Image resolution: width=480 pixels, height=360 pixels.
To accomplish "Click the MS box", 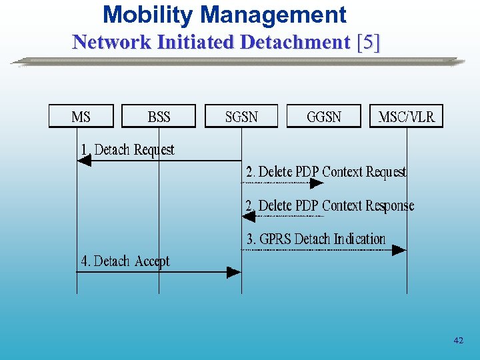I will tap(81, 117).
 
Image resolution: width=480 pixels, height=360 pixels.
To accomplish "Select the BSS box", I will tap(159, 117).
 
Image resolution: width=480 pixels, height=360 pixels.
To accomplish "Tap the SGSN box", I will tap(241, 117).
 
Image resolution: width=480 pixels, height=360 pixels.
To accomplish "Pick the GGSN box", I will tap(323, 117).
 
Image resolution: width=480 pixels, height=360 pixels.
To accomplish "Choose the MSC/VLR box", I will tap(406, 117).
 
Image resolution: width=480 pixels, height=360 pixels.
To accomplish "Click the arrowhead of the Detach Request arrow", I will tap(84, 161).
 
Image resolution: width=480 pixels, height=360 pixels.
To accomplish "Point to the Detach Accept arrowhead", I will tap(233, 272).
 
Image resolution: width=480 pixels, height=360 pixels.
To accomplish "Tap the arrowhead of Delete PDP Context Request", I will tap(317, 183).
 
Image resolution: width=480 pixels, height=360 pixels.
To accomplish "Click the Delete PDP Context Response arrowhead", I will tap(248, 216).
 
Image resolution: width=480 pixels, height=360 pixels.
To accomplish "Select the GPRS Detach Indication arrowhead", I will tap(399, 250).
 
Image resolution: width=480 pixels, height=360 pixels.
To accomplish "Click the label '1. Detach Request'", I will tap(127, 150).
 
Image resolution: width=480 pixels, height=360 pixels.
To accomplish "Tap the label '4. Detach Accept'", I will tap(125, 261).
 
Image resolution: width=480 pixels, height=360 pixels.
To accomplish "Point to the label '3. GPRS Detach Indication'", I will tap(316, 239).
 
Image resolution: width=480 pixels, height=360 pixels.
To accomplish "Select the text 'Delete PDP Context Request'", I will tap(332, 172).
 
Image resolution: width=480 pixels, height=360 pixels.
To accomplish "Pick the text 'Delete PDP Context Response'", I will tap(336, 205).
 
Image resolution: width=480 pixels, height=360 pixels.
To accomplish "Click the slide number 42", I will tap(458, 341).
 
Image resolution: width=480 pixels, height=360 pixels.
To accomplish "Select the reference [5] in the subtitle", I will tap(369, 42).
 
